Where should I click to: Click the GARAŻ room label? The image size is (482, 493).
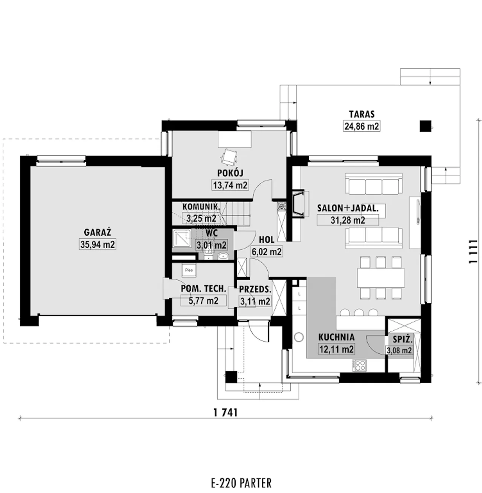coord(98,232)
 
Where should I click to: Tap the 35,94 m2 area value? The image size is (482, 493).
coord(98,244)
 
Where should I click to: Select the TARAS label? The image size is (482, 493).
coord(362,114)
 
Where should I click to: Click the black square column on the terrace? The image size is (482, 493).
coord(425,126)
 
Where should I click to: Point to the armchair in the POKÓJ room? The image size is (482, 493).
coord(229,157)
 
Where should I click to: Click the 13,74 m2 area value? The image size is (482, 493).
coord(230,185)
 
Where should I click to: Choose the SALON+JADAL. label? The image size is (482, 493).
coord(348,208)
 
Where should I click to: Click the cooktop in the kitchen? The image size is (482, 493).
coord(359,365)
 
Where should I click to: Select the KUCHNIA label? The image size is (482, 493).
coord(336,337)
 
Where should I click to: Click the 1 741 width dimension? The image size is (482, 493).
coord(226,413)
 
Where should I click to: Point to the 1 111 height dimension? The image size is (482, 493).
coord(473,252)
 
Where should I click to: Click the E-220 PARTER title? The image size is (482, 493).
coord(241,483)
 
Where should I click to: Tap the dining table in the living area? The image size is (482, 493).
coord(381,278)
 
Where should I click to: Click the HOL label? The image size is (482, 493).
coord(267,240)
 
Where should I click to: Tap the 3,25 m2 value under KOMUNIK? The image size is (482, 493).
coord(201,218)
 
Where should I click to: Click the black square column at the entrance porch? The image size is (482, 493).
coord(231,377)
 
